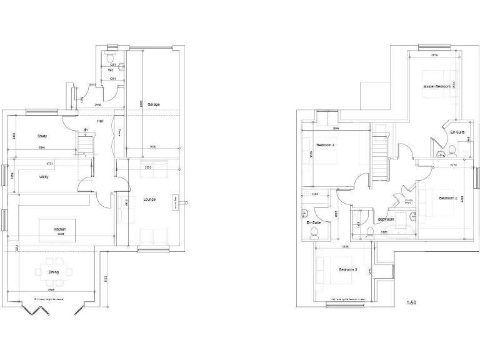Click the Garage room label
click(x=153, y=104)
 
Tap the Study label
click(x=42, y=136)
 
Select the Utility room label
click(x=44, y=177)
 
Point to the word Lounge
click(x=149, y=199)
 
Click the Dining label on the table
click(x=54, y=272)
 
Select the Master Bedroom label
click(x=436, y=86)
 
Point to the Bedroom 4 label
click(x=326, y=146)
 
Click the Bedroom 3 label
click(x=348, y=269)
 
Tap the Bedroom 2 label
click(x=449, y=198)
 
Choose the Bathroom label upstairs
click(x=386, y=219)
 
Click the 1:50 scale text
click(x=411, y=302)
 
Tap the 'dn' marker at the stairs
click(x=86, y=131)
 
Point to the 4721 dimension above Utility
click(x=51, y=164)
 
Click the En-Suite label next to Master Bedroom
click(x=457, y=132)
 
